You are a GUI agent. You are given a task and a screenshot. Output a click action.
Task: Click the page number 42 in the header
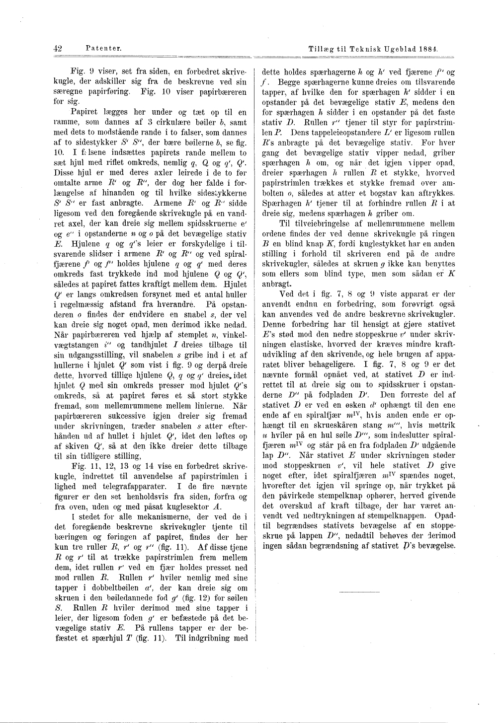[x=57, y=48]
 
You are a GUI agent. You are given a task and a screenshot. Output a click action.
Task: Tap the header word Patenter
[x=104, y=48]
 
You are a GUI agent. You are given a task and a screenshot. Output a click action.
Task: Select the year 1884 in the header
[x=432, y=50]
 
